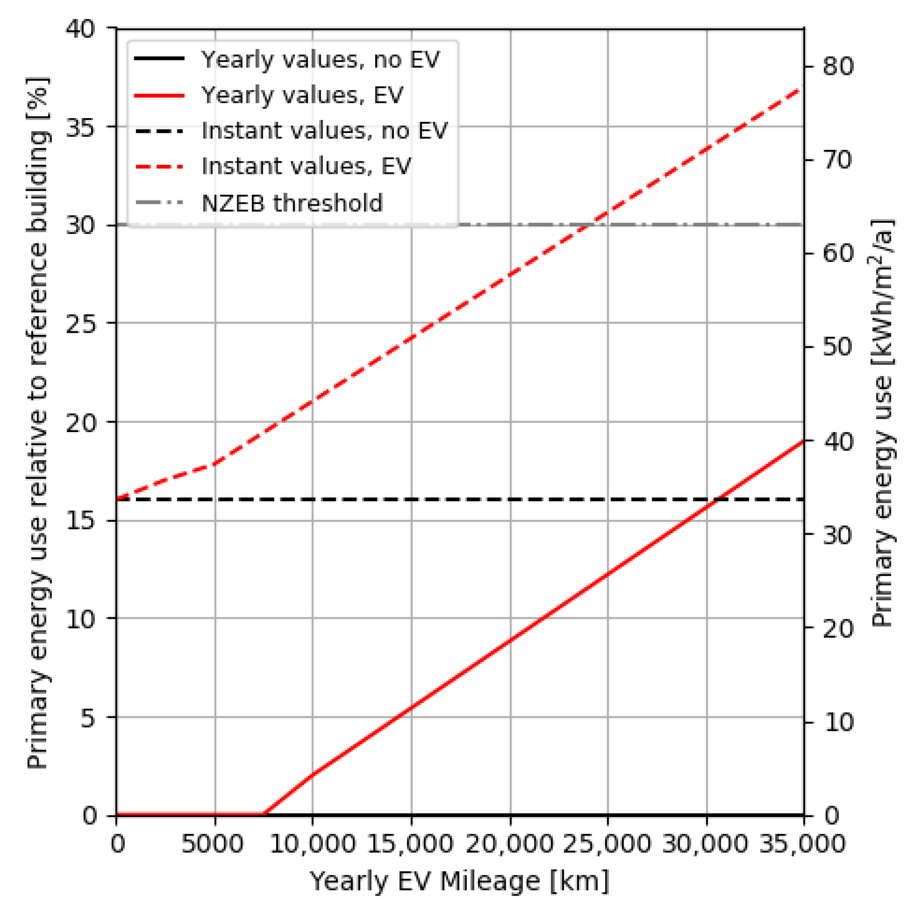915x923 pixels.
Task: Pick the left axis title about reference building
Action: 37,422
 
